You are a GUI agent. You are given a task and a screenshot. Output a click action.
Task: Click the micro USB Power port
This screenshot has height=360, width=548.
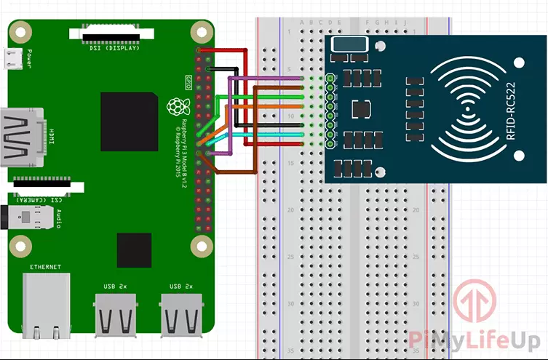[x=12, y=59]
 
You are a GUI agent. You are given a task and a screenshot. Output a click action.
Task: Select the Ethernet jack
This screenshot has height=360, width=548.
[x=47, y=305]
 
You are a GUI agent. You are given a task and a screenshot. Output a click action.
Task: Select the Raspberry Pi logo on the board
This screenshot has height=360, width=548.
[x=175, y=108]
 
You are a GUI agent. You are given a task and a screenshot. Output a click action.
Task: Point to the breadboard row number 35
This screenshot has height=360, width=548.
[x=292, y=351]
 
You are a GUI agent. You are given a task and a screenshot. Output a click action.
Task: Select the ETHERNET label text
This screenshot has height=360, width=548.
[x=46, y=267]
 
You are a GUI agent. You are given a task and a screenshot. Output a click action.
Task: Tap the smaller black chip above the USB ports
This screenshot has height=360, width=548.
[x=134, y=250]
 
